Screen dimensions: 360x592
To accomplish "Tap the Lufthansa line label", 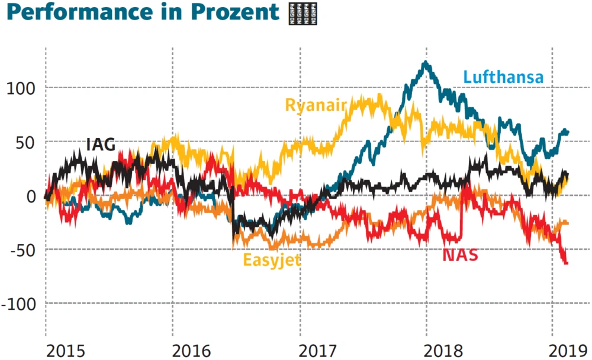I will [x=503, y=77].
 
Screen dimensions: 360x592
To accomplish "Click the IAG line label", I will [x=101, y=144].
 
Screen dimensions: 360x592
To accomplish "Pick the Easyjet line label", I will [x=272, y=259].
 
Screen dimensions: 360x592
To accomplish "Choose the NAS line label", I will [x=460, y=256].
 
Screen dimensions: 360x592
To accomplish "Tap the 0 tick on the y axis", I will [x=31, y=197].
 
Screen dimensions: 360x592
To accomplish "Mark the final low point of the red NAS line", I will [x=567, y=263].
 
